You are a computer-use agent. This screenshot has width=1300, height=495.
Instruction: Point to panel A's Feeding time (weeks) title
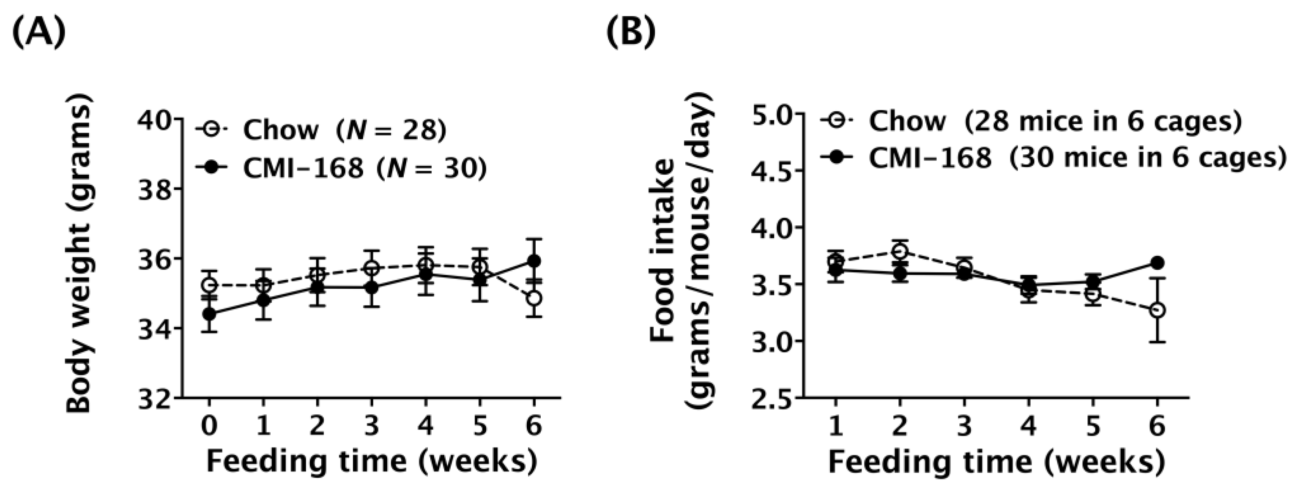click(x=372, y=462)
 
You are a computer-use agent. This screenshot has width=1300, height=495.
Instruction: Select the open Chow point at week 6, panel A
click(x=534, y=298)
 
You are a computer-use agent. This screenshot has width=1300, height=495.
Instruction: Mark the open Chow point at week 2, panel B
click(x=899, y=251)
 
